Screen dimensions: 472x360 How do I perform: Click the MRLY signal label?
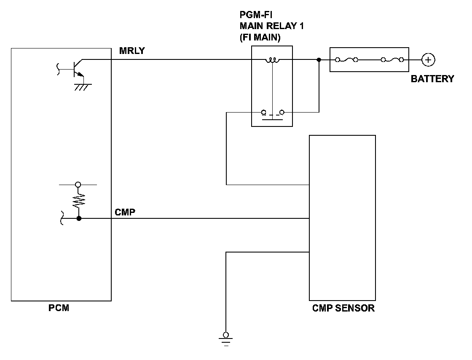(x=132, y=51)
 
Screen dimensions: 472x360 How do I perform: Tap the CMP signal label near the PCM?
(x=125, y=212)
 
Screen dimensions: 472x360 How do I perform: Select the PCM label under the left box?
(x=59, y=308)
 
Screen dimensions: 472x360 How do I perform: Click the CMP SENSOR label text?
(x=343, y=308)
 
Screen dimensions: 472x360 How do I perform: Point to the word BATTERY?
(x=432, y=78)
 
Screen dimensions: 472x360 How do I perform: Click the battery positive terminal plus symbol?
(x=428, y=59)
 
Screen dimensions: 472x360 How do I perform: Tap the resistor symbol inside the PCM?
(x=78, y=201)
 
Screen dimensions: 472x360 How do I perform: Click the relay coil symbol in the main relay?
(x=272, y=60)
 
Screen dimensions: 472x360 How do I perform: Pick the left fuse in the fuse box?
(x=346, y=60)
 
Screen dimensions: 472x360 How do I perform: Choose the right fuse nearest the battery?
(x=392, y=60)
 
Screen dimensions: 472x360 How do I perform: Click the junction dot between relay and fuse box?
(x=319, y=60)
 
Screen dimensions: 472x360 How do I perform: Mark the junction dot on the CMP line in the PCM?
(x=79, y=218)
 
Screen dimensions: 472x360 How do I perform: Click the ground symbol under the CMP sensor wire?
(x=226, y=339)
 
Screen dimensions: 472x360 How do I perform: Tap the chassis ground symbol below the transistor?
(x=83, y=87)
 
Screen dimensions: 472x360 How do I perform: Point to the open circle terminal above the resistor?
(x=78, y=185)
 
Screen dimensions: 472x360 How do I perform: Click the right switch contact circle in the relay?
(x=282, y=113)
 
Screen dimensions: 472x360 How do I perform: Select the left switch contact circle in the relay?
(x=264, y=113)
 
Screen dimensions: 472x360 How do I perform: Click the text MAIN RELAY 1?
(x=271, y=26)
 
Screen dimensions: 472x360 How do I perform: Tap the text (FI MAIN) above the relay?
(x=260, y=38)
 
